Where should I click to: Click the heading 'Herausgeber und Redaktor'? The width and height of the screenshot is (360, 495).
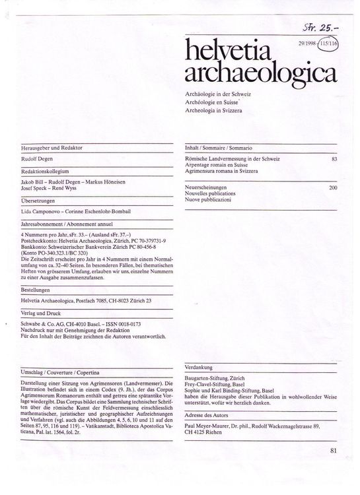pos(52,148)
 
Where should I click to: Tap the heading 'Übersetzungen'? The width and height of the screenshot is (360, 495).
pos(38,198)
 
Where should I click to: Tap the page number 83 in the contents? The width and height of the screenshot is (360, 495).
pos(334,160)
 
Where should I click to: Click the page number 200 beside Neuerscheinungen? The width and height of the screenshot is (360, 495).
pos(332,187)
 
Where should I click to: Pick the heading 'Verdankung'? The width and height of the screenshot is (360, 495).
pos(201,366)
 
